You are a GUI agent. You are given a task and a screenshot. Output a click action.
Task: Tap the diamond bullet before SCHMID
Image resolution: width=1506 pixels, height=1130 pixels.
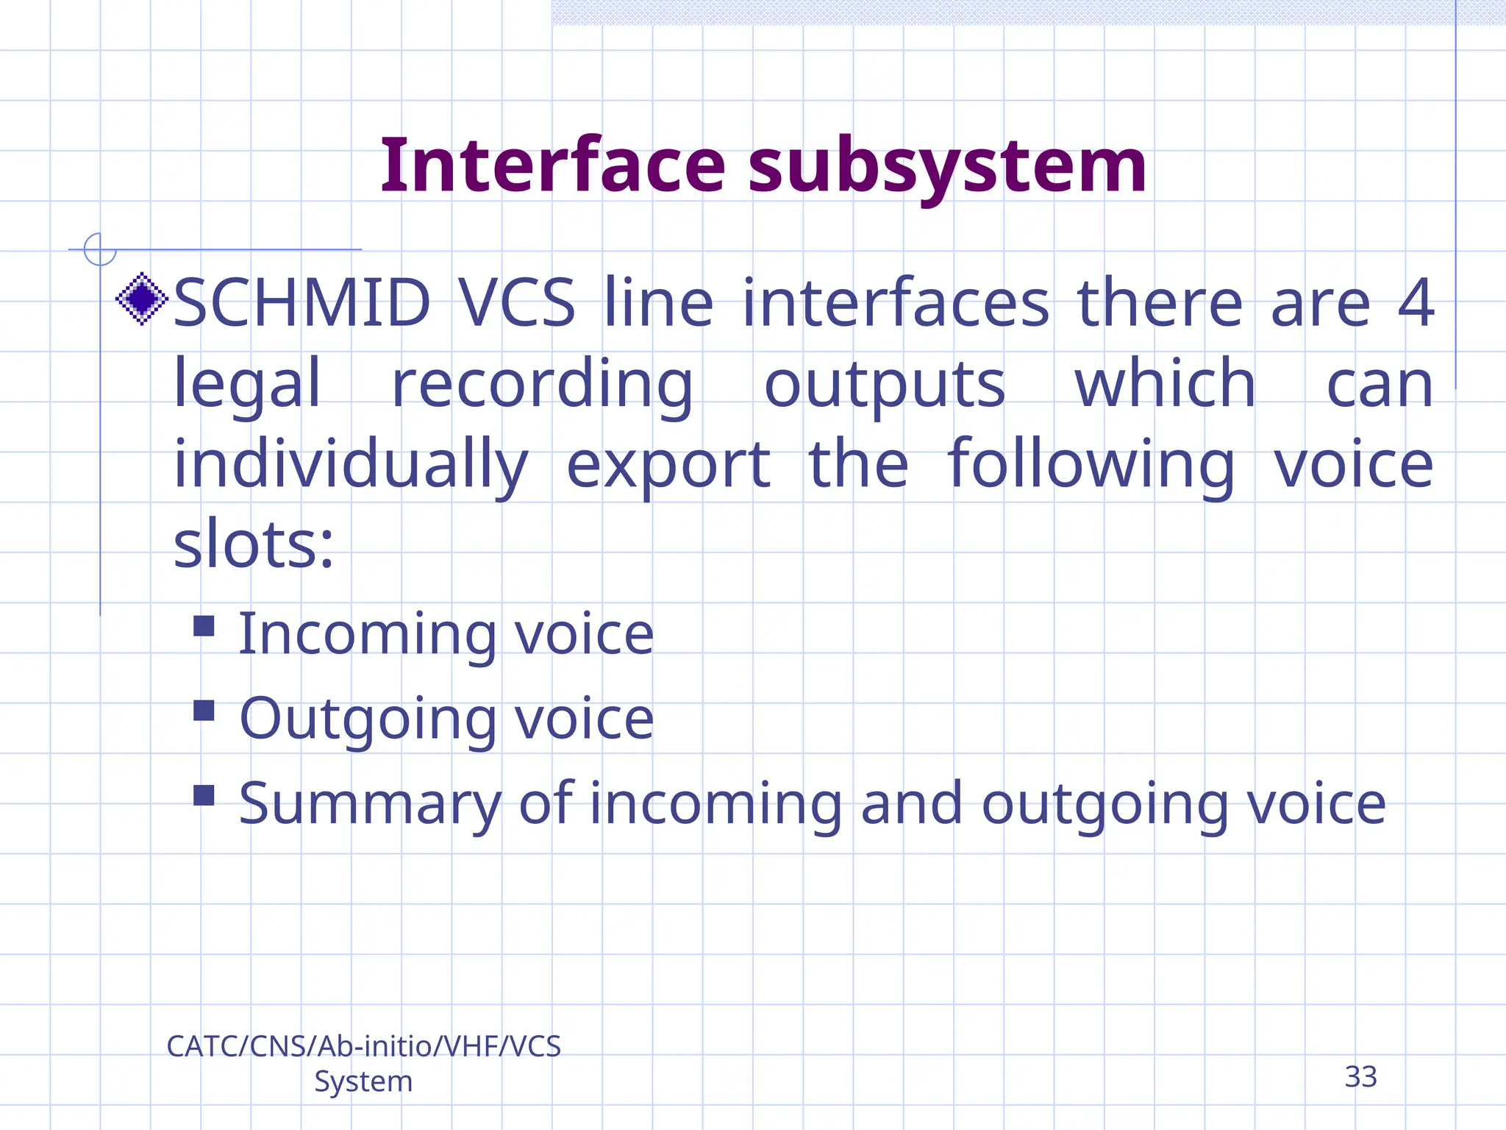click(142, 299)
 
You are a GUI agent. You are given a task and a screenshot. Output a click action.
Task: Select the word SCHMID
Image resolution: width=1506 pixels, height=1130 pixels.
click(301, 303)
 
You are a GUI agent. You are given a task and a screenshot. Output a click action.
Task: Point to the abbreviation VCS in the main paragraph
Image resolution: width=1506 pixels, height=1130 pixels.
click(516, 303)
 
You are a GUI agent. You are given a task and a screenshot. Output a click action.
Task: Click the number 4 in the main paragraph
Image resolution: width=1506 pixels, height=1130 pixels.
click(1416, 303)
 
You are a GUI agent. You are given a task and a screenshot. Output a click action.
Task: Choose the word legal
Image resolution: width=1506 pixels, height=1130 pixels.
click(247, 384)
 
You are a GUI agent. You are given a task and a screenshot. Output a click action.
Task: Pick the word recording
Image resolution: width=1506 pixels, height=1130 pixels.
click(542, 384)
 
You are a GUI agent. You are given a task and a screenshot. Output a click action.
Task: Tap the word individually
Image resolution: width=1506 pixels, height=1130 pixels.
click(351, 465)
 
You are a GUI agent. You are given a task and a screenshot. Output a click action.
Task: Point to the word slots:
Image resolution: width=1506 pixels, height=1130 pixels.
click(254, 544)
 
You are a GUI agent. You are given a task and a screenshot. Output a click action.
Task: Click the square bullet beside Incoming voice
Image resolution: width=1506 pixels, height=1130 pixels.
click(204, 626)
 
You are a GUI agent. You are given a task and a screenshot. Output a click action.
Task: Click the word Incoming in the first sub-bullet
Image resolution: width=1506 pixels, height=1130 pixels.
click(368, 634)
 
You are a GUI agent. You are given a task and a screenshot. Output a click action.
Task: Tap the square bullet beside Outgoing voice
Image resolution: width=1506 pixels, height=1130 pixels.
click(204, 711)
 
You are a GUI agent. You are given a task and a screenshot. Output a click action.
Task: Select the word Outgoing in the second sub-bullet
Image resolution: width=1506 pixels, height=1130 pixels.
click(368, 719)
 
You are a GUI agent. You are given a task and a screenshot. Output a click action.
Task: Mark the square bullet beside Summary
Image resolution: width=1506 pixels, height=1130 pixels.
click(204, 795)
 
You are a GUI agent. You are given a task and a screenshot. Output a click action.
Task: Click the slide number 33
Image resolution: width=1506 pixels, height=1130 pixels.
click(1360, 1077)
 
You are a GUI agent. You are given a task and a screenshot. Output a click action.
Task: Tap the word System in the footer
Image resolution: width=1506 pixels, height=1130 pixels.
click(363, 1081)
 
